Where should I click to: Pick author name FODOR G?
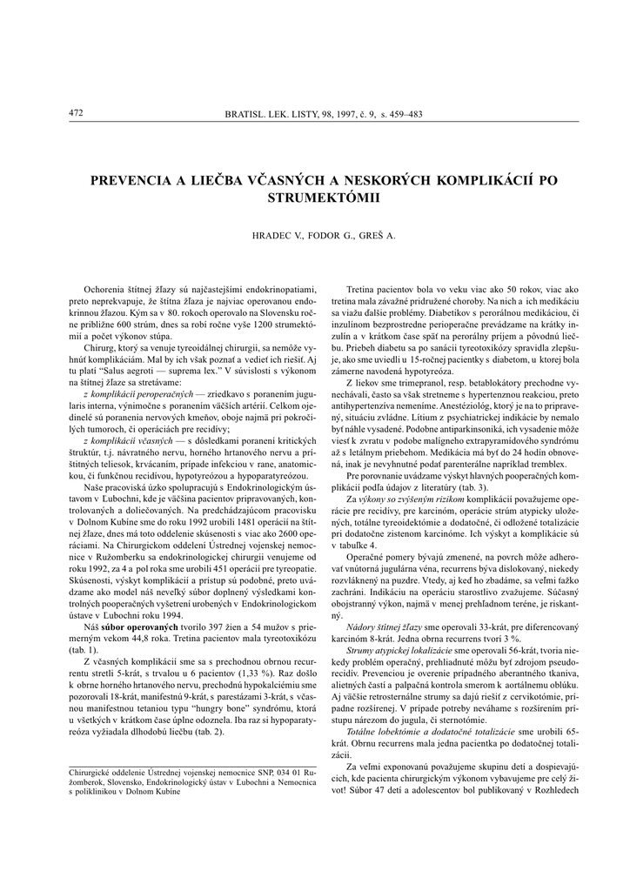tap(326, 236)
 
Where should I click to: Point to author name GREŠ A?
tap(376, 236)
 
